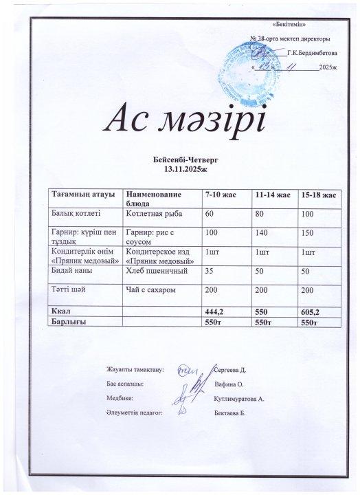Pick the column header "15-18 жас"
coord(318,196)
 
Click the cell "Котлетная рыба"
coord(151,214)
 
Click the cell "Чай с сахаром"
coord(150,290)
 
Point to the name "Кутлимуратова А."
coord(240,398)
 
